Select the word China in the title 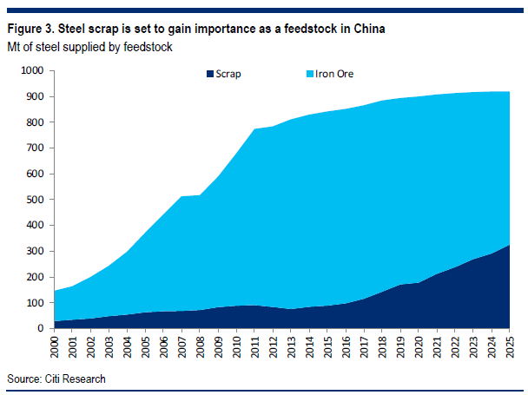pyautogui.click(x=366, y=29)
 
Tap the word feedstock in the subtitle pyautogui.click(x=148, y=46)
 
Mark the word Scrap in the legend pyautogui.click(x=230, y=74)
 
